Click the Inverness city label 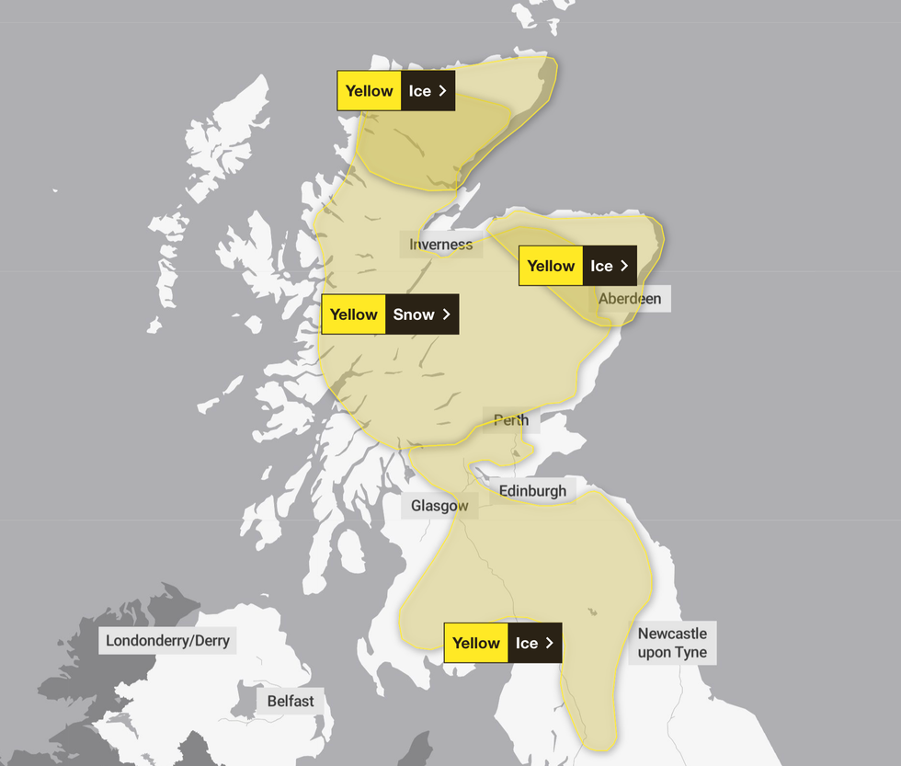[x=441, y=245]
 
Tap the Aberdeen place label [x=630, y=299]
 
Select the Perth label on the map [x=511, y=420]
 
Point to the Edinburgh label [x=532, y=491]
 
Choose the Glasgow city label [x=439, y=506]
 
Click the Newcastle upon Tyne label [x=673, y=643]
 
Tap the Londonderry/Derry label [x=167, y=641]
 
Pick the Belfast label [x=291, y=701]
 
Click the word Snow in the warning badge [x=414, y=314]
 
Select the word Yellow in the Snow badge [x=354, y=314]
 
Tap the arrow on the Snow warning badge [x=447, y=314]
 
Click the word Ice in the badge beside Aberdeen [x=601, y=266]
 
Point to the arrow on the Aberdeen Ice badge [x=624, y=266]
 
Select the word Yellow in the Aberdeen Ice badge [x=551, y=266]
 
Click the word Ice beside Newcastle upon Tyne [x=527, y=643]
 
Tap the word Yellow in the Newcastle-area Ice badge [x=476, y=643]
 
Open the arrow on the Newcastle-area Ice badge [x=550, y=643]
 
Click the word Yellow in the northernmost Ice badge [x=370, y=91]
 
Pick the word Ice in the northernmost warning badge [x=419, y=91]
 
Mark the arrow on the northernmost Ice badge [x=442, y=91]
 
